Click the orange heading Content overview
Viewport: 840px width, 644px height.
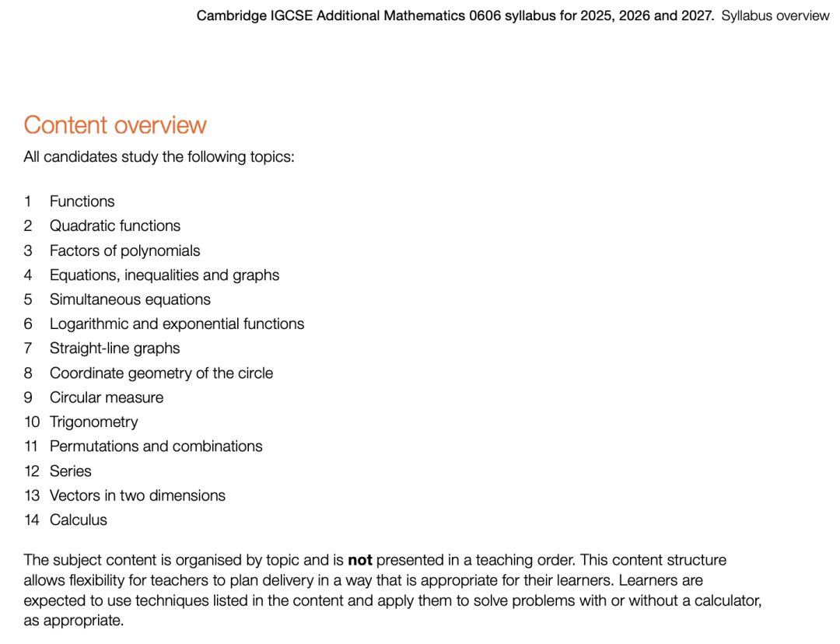pyautogui.click(x=115, y=125)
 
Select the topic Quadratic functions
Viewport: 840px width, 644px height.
pyautogui.click(x=115, y=226)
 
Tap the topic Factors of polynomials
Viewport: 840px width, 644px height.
pyautogui.click(x=124, y=250)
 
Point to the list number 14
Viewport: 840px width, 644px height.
pyautogui.click(x=31, y=520)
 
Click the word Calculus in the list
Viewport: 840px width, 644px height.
pyautogui.click(x=79, y=520)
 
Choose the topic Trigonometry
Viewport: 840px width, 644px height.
pyautogui.click(x=93, y=422)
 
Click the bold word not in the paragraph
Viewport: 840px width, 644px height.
pyautogui.click(x=360, y=560)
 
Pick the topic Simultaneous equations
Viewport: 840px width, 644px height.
pyautogui.click(x=130, y=299)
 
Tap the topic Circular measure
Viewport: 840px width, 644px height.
pyautogui.click(x=107, y=397)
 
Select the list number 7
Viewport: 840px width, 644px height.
pyautogui.click(x=28, y=348)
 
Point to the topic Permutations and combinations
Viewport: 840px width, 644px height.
pyautogui.click(x=156, y=446)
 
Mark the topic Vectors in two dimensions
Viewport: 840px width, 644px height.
pyautogui.click(x=138, y=495)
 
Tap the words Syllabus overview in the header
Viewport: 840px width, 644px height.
pyautogui.click(x=775, y=16)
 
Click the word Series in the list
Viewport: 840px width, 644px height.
pyautogui.click(x=70, y=471)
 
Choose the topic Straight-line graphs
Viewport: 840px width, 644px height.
pyautogui.click(x=114, y=348)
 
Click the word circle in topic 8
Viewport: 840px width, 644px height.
pyautogui.click(x=254, y=373)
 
